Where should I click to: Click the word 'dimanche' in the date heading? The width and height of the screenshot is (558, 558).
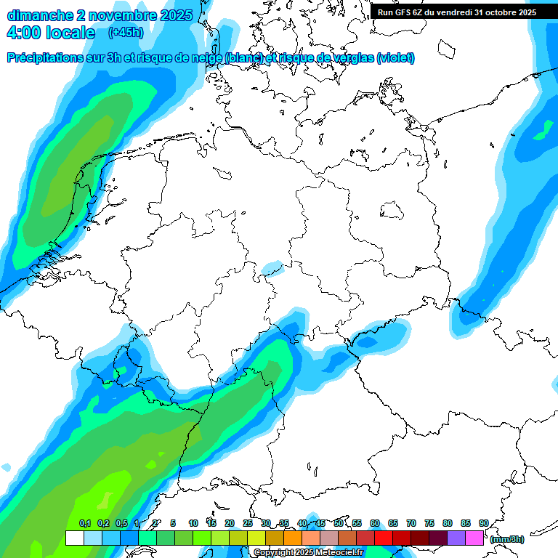tap(40, 15)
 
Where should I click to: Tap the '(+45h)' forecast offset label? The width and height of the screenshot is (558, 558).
tap(125, 33)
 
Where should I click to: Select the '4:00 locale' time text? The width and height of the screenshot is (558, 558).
tap(50, 33)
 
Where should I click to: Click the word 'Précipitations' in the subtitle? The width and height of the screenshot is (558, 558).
tap(55, 57)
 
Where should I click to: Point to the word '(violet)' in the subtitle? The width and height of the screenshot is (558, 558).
tap(395, 57)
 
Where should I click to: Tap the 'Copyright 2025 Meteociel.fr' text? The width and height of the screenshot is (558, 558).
tap(308, 553)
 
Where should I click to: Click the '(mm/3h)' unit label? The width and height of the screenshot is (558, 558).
tap(507, 539)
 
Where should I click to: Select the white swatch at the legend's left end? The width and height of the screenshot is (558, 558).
tap(74, 538)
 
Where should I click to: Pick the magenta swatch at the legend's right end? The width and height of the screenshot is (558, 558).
tap(474, 538)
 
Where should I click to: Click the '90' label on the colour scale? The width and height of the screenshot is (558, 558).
tap(483, 523)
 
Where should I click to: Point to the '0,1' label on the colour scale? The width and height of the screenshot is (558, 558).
tap(85, 523)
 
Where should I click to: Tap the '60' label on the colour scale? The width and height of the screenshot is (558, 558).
tap(375, 523)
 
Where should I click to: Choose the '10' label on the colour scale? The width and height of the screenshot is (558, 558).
tap(193, 523)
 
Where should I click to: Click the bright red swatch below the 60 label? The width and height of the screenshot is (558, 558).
tap(384, 538)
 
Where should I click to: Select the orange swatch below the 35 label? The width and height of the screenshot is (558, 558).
tap(293, 538)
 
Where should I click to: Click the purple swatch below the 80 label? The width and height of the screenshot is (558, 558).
tap(456, 538)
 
